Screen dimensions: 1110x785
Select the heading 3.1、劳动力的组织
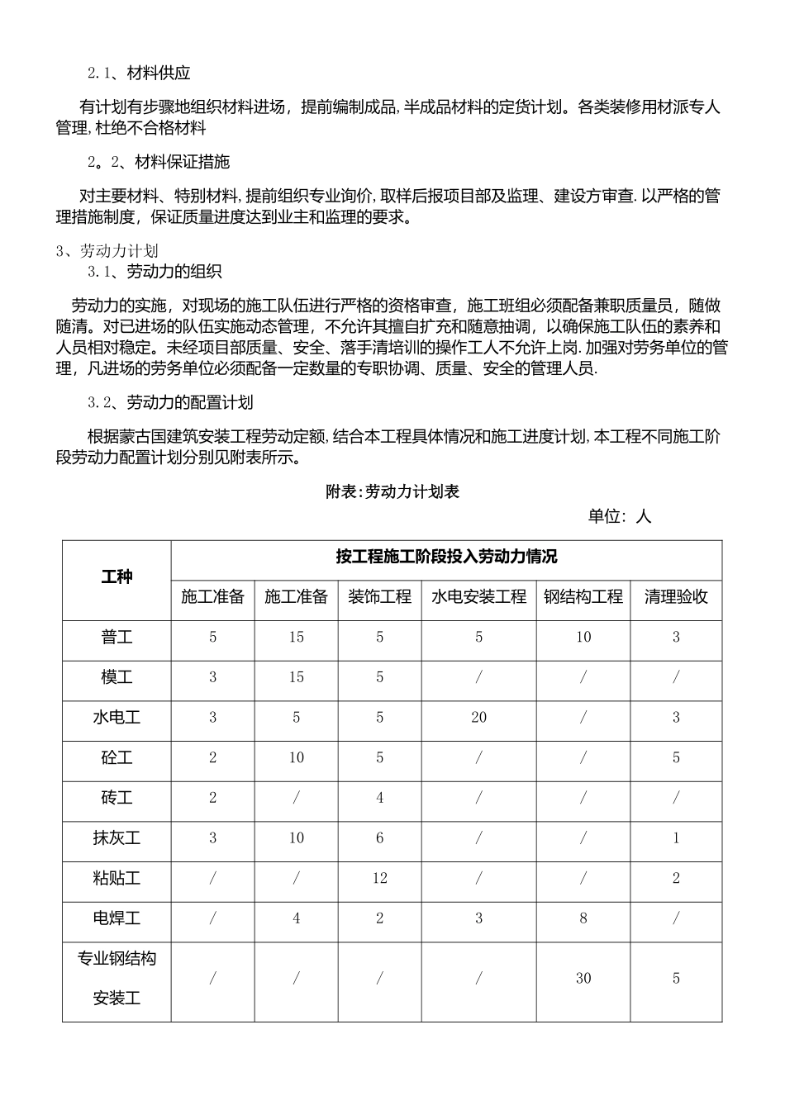(x=155, y=272)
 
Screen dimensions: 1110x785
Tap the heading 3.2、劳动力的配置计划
(x=170, y=403)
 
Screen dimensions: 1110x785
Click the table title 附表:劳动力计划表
(x=392, y=492)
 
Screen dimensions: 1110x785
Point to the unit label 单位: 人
(x=619, y=517)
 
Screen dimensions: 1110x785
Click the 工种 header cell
(x=117, y=577)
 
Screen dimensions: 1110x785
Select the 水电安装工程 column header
(x=478, y=597)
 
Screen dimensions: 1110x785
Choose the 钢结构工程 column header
(x=583, y=597)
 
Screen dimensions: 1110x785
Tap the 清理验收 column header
(x=675, y=597)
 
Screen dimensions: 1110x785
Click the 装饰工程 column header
(x=379, y=597)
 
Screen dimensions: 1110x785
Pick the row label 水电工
(x=117, y=718)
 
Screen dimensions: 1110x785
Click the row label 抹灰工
(x=117, y=838)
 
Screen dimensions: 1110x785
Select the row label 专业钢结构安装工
(x=117, y=979)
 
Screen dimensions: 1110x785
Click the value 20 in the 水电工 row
(x=478, y=718)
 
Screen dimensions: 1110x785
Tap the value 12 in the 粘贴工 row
(x=379, y=878)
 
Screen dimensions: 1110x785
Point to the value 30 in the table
(x=583, y=979)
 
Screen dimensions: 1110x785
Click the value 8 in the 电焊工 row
(x=583, y=918)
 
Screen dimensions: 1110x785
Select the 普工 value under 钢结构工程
(x=583, y=638)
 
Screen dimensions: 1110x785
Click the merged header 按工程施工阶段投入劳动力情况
(x=446, y=557)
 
